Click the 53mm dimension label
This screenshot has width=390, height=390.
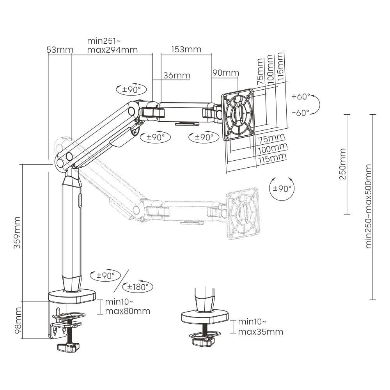tap(60, 50)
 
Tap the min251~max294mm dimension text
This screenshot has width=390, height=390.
tap(112, 45)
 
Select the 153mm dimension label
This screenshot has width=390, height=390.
tap(186, 49)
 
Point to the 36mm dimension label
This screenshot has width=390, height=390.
tap(177, 75)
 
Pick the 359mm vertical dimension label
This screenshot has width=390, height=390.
tap(18, 232)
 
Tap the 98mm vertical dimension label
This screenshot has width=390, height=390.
tap(18, 320)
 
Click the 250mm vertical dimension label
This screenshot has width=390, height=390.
tap(342, 164)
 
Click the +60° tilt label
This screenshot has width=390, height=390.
tap(301, 96)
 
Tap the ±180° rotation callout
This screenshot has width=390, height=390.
tap(137, 287)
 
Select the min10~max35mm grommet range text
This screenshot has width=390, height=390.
tap(260, 327)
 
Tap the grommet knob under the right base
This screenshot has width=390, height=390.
tap(203, 342)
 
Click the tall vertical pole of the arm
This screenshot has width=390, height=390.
tap(71, 234)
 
